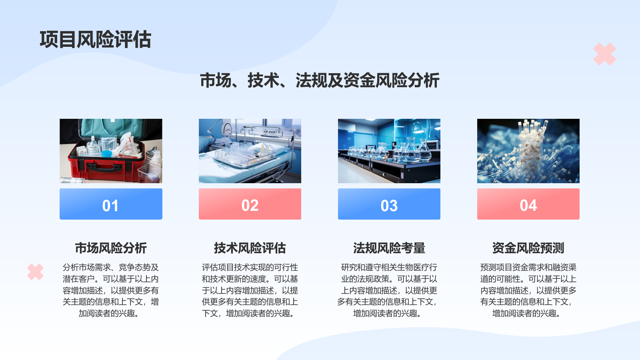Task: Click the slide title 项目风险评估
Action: pyautogui.click(x=96, y=39)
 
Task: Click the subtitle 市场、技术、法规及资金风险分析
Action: pyautogui.click(x=320, y=80)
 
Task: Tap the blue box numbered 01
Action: pyautogui.click(x=111, y=204)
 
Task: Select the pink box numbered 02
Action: pyautogui.click(x=250, y=204)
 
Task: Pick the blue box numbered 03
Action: pyautogui.click(x=389, y=204)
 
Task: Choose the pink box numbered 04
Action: pyautogui.click(x=528, y=204)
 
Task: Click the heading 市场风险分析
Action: pyautogui.click(x=111, y=248)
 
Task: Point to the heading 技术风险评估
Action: pyautogui.click(x=250, y=248)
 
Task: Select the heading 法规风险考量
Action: pyautogui.click(x=389, y=248)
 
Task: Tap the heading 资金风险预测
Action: pyautogui.click(x=528, y=248)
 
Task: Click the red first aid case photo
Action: pyautogui.click(x=111, y=151)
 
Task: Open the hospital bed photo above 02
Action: pyautogui.click(x=250, y=151)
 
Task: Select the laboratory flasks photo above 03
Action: pyautogui.click(x=389, y=151)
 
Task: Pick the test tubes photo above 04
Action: pyautogui.click(x=528, y=151)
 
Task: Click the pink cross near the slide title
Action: pyautogui.click(x=604, y=54)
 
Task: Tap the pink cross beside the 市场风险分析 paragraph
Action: pyautogui.click(x=36, y=272)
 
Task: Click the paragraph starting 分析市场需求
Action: pyautogui.click(x=111, y=290)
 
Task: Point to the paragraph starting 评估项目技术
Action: pyautogui.click(x=250, y=290)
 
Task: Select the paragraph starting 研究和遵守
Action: pyautogui.click(x=388, y=290)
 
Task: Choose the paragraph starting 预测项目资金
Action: pyautogui.click(x=528, y=290)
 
